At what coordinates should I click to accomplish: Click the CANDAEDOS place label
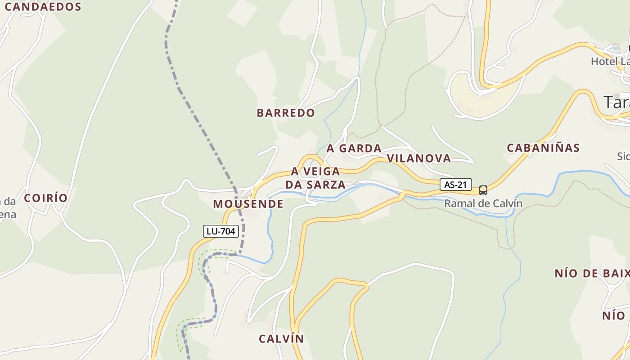[x=43, y=7]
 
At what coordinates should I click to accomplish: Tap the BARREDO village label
[x=286, y=113]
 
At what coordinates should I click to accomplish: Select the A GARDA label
[x=354, y=148]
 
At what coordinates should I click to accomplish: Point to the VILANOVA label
[x=418, y=158]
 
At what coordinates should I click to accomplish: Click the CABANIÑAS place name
[x=543, y=148]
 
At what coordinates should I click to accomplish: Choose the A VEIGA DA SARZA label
[x=315, y=178]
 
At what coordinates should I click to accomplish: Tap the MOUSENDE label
[x=248, y=204]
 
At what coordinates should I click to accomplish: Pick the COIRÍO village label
[x=45, y=198]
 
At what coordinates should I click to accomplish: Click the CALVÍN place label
[x=281, y=339]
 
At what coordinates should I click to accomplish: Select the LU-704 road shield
[x=220, y=231]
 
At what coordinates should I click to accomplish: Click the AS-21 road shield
[x=455, y=184]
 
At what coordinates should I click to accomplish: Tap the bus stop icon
[x=483, y=190]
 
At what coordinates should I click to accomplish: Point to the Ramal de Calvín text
[x=483, y=203]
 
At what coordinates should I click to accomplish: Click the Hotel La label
[x=610, y=62]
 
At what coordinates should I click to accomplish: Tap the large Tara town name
[x=616, y=103]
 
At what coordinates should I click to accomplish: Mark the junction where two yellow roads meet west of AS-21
[x=402, y=195]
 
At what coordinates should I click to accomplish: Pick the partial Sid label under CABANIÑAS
[x=623, y=156]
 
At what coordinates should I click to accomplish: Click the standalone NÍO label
[x=614, y=315]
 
